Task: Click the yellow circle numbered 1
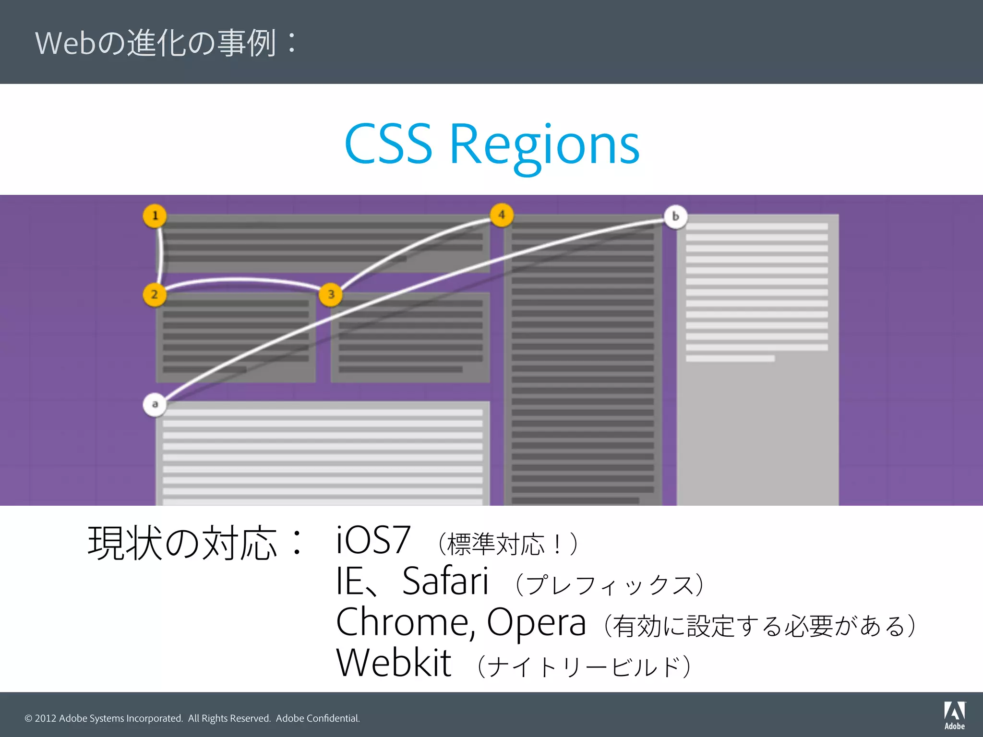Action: pyautogui.click(x=155, y=216)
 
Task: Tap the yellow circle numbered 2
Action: pyautogui.click(x=155, y=295)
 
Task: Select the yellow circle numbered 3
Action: pyautogui.click(x=331, y=295)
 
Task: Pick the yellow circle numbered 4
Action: pyautogui.click(x=502, y=215)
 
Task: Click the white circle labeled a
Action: pyautogui.click(x=155, y=404)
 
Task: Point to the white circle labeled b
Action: pyautogui.click(x=675, y=217)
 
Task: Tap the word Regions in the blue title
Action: pyautogui.click(x=544, y=145)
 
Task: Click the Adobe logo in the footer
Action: pyautogui.click(x=954, y=715)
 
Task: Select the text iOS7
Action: pyautogui.click(x=373, y=540)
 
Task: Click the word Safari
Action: pyautogui.click(x=445, y=581)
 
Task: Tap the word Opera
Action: pyautogui.click(x=536, y=623)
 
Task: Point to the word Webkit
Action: pyautogui.click(x=394, y=663)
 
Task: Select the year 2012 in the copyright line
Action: pyautogui.click(x=45, y=718)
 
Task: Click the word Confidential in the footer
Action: pyautogui.click(x=333, y=718)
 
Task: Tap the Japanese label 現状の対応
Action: pyautogui.click(x=182, y=543)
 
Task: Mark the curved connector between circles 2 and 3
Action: pyautogui.click(x=242, y=280)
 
